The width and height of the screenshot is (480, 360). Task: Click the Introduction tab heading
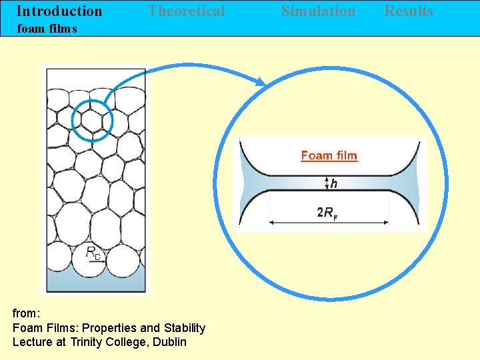click(x=59, y=11)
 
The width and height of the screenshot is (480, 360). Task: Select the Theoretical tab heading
click(x=186, y=11)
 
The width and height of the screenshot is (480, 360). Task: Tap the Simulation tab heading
click(x=318, y=11)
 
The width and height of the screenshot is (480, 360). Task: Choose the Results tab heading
click(x=409, y=11)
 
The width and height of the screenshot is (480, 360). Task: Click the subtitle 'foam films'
click(x=47, y=29)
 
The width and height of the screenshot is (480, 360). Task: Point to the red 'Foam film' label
click(x=329, y=155)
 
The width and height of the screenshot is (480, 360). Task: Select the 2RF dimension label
click(x=327, y=213)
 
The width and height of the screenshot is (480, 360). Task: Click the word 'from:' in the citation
click(x=27, y=313)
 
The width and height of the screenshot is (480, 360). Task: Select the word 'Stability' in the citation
click(x=182, y=327)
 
